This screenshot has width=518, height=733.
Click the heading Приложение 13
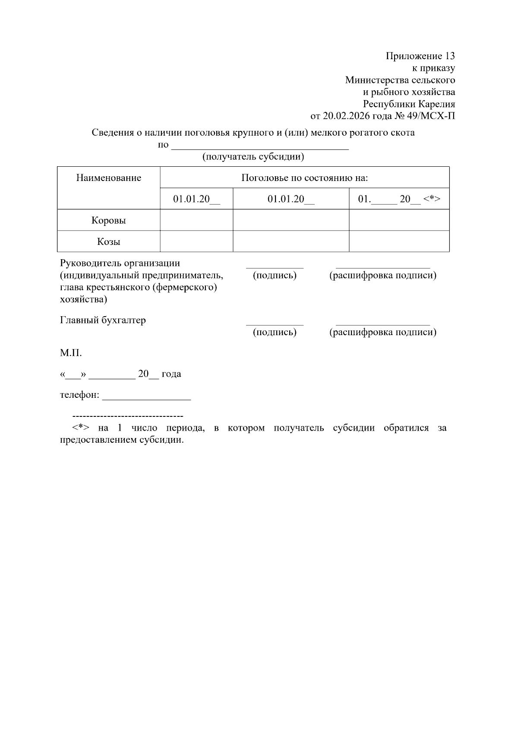[420, 56]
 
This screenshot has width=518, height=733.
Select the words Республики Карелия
[409, 104]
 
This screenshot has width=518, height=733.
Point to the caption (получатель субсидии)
[253, 157]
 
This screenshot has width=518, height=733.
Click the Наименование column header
[109, 178]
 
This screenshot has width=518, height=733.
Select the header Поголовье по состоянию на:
[304, 178]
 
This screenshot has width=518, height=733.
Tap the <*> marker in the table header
[432, 199]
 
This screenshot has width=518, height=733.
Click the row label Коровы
[109, 220]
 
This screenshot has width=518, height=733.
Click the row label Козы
[109, 241]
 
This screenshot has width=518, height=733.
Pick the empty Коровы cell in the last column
[399, 220]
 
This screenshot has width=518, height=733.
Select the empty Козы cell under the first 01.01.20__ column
[196, 241]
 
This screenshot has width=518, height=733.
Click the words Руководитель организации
[120, 263]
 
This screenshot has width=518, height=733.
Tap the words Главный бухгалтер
[103, 320]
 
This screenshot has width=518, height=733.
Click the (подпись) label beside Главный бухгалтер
[275, 332]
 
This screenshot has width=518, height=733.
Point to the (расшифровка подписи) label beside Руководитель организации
[383, 276]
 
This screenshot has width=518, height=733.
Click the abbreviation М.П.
[71, 353]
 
